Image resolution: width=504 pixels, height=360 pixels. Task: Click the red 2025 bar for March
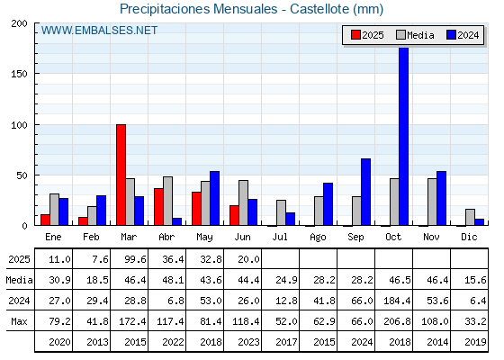tap(121, 175)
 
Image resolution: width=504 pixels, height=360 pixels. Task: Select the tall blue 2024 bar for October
tap(404, 136)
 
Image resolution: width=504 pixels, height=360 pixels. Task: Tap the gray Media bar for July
tap(281, 212)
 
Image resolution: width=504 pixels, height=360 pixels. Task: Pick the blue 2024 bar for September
tap(365, 192)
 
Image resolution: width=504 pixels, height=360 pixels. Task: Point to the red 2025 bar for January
tap(45, 220)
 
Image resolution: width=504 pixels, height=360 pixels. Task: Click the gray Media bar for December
tap(470, 217)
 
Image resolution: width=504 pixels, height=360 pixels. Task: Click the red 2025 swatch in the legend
tap(355, 35)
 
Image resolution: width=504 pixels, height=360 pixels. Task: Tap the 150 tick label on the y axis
tap(19, 74)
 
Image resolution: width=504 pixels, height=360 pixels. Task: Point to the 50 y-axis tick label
tap(22, 175)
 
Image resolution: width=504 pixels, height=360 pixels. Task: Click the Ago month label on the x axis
tap(318, 238)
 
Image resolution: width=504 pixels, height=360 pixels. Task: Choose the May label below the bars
tap(204, 238)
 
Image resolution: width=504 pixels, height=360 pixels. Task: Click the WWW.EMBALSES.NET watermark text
tap(99, 31)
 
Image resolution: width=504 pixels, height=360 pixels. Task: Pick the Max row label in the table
tap(19, 321)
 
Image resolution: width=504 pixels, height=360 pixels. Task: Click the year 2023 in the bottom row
tap(248, 342)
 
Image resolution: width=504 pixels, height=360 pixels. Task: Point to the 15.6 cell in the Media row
tap(475, 280)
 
